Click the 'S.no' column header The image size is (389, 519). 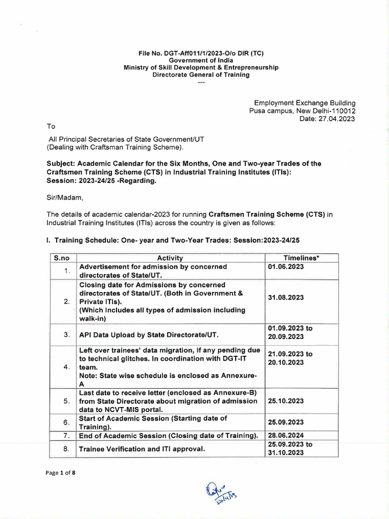[60, 258]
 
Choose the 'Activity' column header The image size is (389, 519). [170, 258]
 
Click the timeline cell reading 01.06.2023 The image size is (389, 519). [286, 267]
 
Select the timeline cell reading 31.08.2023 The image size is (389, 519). [286, 298]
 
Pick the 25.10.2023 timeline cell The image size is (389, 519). [286, 400]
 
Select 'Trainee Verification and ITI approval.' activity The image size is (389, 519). [142, 449]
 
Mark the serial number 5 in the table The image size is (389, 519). [66, 401]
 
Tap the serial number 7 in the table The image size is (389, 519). [66, 436]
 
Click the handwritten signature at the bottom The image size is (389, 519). [221, 493]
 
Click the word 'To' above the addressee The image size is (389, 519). [50, 126]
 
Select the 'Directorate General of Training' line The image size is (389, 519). [202, 75]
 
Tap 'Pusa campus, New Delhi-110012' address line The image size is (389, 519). [302, 111]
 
